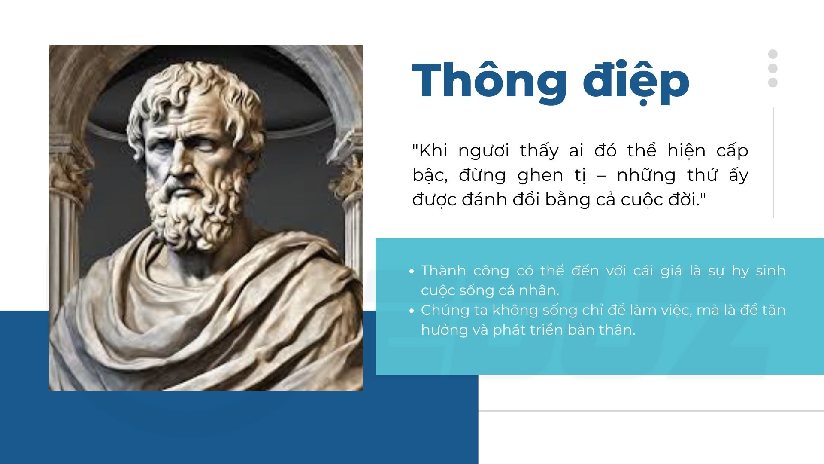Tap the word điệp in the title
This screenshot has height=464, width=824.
pos(636,82)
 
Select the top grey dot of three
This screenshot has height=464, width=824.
pos(773,54)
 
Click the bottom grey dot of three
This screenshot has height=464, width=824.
pos(773,82)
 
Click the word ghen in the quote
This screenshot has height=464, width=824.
pos(540,175)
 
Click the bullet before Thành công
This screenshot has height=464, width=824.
pos(412,272)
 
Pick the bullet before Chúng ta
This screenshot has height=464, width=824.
pos(412,311)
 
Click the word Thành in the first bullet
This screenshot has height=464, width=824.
pos(443,270)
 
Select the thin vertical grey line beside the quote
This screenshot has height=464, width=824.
pos(773,163)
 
